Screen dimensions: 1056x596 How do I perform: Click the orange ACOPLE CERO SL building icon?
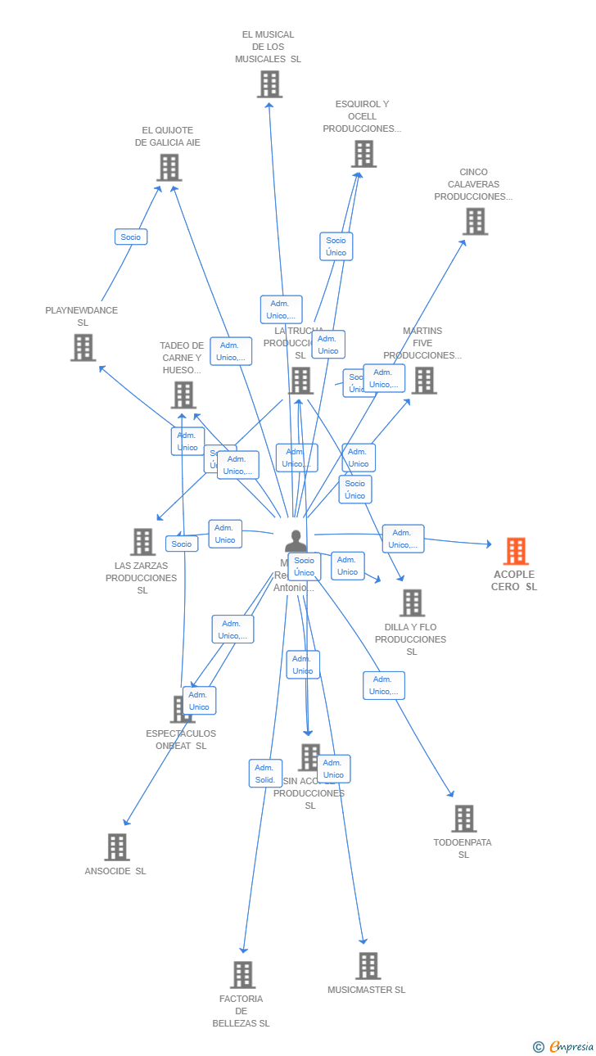coord(516,552)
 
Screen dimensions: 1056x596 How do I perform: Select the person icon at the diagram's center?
coord(296,542)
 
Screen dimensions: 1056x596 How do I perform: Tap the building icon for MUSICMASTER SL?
coord(368,966)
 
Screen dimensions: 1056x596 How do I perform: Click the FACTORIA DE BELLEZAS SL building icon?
coord(242,975)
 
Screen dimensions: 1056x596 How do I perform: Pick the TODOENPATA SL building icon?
coord(463,819)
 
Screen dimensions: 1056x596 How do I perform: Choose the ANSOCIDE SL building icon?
coord(117,847)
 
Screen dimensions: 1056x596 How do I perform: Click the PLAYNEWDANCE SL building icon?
coord(83,348)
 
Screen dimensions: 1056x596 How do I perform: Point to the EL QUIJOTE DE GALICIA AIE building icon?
coord(169,168)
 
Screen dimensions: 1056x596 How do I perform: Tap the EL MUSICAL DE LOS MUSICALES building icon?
coord(269,84)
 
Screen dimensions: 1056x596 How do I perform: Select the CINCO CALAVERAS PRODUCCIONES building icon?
coord(475,222)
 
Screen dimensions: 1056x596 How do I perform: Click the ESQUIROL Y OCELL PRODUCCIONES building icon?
coord(363,154)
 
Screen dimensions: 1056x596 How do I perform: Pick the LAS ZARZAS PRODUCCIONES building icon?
coord(142,542)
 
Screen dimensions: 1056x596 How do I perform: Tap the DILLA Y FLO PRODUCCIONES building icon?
coord(412,603)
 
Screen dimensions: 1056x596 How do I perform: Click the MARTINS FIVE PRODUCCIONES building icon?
coord(423,381)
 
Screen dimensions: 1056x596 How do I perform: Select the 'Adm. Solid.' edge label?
coord(264,774)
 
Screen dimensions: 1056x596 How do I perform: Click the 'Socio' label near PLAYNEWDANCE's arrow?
coord(131,237)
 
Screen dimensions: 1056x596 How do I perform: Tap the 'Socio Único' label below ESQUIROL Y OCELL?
coord(336,246)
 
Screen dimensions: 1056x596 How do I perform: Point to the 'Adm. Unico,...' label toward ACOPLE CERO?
coord(403,539)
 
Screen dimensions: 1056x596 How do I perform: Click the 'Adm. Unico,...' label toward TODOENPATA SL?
coord(383,685)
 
